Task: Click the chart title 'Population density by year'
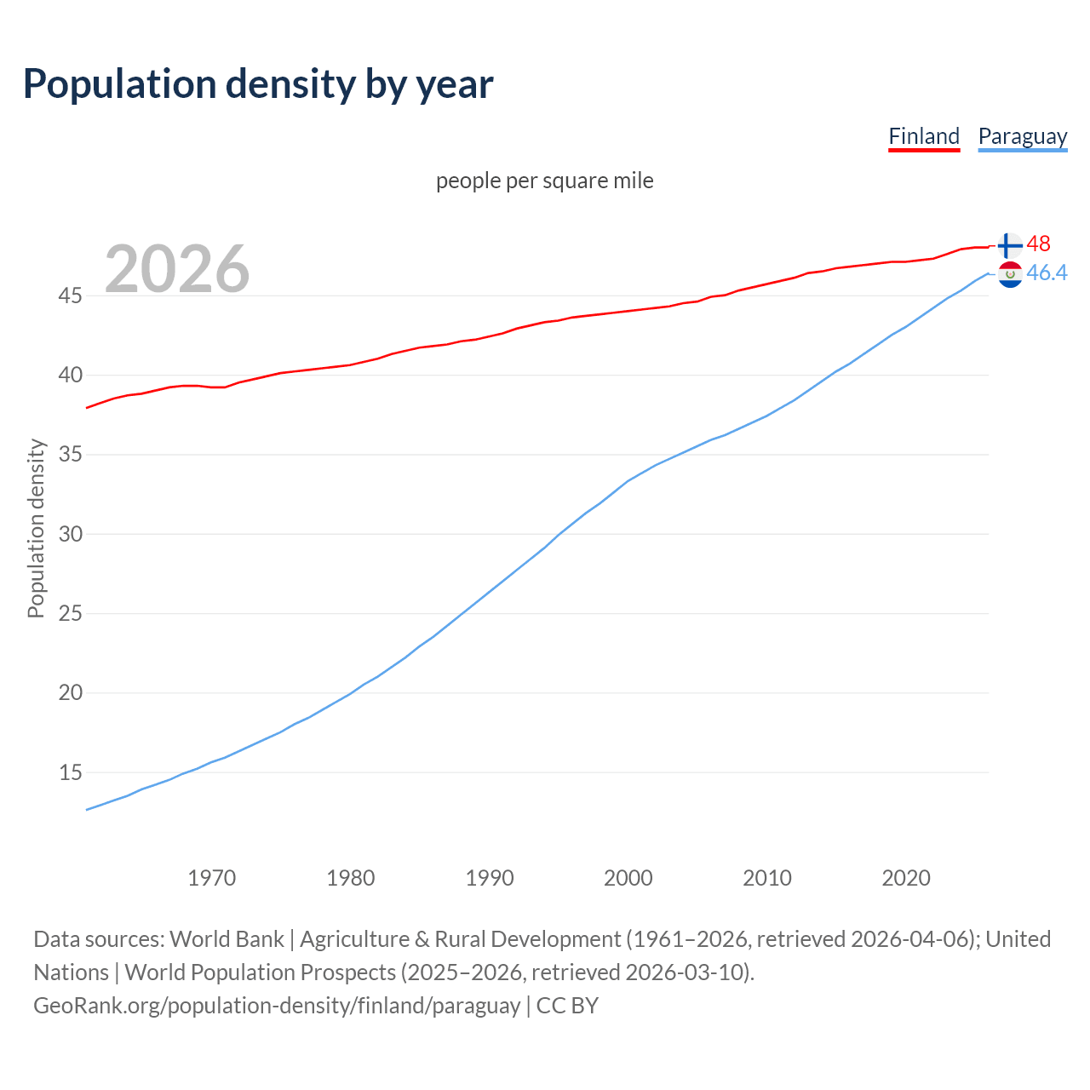click(258, 84)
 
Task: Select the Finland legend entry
click(924, 136)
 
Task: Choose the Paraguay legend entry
click(1022, 136)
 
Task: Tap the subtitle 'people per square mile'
click(544, 181)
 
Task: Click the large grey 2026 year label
click(177, 269)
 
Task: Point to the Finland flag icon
click(1009, 245)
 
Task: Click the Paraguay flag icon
click(1009, 274)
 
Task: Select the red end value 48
click(1038, 244)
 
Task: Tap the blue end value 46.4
click(1047, 272)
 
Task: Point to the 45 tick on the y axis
click(70, 295)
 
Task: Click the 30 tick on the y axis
click(70, 534)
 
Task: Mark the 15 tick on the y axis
click(70, 772)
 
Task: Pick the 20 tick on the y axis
click(70, 693)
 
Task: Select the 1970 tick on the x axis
click(211, 878)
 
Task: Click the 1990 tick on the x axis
click(490, 878)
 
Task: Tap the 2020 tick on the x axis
click(906, 878)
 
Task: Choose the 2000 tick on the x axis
click(628, 878)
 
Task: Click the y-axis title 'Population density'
click(36, 528)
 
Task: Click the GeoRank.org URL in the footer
click(277, 1006)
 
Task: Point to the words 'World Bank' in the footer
click(227, 939)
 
